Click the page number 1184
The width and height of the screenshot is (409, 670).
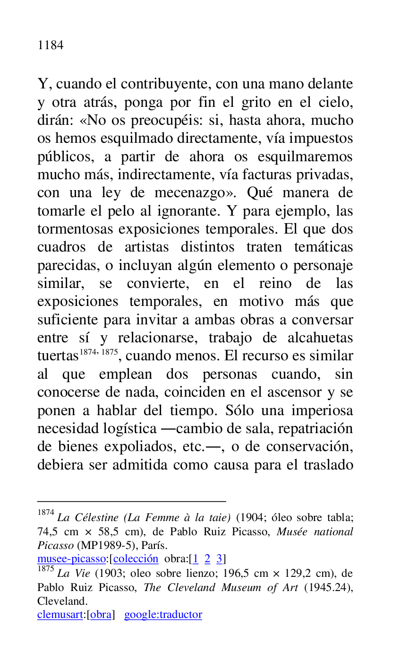point(51,45)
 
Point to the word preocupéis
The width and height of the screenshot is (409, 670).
point(170,121)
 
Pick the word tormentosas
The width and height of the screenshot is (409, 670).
point(76,230)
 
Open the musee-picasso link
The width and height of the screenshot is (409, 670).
point(71,559)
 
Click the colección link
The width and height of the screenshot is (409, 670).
point(136,559)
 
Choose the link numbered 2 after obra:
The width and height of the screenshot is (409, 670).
point(207,559)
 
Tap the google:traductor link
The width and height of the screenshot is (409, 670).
point(163,615)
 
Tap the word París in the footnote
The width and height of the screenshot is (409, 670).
point(153,545)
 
